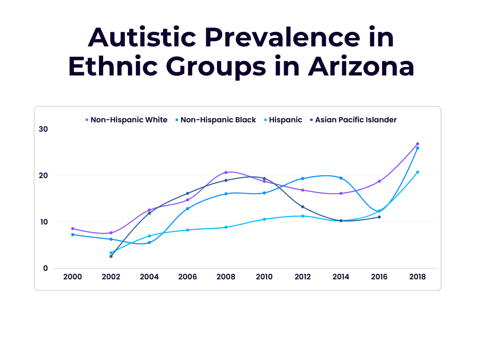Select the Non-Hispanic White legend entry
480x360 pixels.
tap(128, 120)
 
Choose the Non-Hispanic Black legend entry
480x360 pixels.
tap(218, 120)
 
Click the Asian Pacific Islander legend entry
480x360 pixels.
tap(355, 120)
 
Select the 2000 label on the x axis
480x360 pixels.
tap(73, 277)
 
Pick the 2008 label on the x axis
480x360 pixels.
tap(226, 277)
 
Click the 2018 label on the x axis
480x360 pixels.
tap(417, 277)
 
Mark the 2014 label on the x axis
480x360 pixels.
tap(341, 277)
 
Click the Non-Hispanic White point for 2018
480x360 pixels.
tap(418, 144)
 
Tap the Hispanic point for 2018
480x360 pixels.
tap(418, 172)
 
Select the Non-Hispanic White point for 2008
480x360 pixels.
tap(226, 172)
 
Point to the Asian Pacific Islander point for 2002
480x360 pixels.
tap(111, 256)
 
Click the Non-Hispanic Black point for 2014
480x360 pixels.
tap(341, 178)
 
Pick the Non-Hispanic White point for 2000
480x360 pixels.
tap(73, 229)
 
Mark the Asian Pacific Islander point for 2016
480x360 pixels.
tap(379, 217)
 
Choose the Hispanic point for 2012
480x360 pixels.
tap(303, 216)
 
